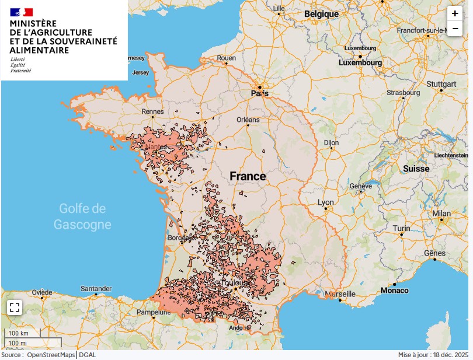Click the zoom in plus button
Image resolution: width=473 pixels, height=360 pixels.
click(x=454, y=13)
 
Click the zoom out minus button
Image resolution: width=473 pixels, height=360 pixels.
click(x=454, y=29)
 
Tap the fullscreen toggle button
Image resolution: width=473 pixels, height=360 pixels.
click(x=15, y=307)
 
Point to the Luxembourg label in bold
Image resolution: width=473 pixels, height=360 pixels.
click(x=362, y=62)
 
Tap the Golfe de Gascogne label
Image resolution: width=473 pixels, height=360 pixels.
click(x=82, y=216)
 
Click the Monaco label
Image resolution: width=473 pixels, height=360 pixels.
click(x=395, y=290)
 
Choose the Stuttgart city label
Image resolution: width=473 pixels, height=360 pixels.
click(x=441, y=84)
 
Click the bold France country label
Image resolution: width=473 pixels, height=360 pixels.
click(x=248, y=176)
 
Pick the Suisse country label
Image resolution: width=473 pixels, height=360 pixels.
click(x=416, y=169)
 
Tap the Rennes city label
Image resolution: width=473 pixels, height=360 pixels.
click(x=152, y=111)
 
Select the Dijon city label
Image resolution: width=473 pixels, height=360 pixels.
click(x=331, y=142)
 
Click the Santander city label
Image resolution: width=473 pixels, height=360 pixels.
click(x=96, y=289)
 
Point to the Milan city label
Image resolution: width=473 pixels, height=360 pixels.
click(x=441, y=214)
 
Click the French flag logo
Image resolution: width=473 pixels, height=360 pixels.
click(x=22, y=12)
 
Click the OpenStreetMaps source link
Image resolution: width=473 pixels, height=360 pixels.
click(x=51, y=355)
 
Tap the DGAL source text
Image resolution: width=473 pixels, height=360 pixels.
click(x=88, y=355)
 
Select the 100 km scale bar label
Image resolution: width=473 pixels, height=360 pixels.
click(x=18, y=333)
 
